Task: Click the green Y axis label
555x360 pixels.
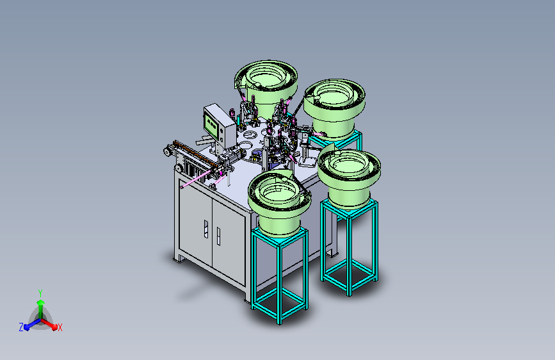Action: [40, 293]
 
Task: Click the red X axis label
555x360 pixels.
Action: [60, 328]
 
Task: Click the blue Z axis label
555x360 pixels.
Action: [21, 327]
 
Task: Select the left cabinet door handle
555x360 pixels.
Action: [206, 229]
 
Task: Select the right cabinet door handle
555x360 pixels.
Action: [218, 236]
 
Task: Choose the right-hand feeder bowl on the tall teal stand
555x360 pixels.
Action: [349, 178]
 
